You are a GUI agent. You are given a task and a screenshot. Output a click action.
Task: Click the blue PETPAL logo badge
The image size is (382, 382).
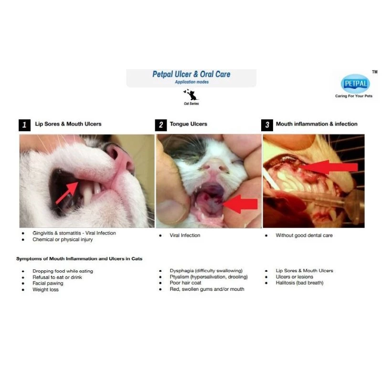click(355, 84)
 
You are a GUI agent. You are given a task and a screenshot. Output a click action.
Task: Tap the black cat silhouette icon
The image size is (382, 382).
click(191, 95)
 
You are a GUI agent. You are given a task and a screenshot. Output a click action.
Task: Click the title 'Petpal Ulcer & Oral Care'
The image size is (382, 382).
click(191, 74)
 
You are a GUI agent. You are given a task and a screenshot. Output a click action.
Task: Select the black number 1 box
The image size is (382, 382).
click(25, 125)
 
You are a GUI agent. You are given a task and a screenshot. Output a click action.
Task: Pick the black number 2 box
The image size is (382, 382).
click(161, 125)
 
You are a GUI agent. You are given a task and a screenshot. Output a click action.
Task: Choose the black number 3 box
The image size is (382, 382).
click(267, 125)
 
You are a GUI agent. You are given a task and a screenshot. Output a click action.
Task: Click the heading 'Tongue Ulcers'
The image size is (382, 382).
click(188, 124)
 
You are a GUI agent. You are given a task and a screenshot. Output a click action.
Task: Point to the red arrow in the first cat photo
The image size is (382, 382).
click(67, 193)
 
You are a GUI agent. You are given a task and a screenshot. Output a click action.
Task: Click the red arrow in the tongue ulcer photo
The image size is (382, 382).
click(241, 204)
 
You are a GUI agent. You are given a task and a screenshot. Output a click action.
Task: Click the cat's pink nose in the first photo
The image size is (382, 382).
click(121, 159)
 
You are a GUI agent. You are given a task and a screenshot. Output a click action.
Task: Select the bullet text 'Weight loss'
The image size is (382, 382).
click(45, 289)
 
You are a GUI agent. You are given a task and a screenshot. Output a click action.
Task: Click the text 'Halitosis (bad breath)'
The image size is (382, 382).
click(299, 283)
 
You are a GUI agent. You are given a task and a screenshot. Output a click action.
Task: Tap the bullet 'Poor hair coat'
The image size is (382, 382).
click(185, 283)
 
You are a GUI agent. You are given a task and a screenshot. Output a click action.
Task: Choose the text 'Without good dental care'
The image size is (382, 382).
click(304, 235)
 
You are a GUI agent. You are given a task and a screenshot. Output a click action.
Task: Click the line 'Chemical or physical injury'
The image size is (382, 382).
click(63, 240)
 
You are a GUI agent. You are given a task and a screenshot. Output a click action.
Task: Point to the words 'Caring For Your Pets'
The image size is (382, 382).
click(354, 96)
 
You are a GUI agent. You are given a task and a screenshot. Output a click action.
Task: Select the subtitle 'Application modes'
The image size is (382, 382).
click(192, 82)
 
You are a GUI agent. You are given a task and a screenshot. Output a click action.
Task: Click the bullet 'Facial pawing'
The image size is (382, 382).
click(48, 283)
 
